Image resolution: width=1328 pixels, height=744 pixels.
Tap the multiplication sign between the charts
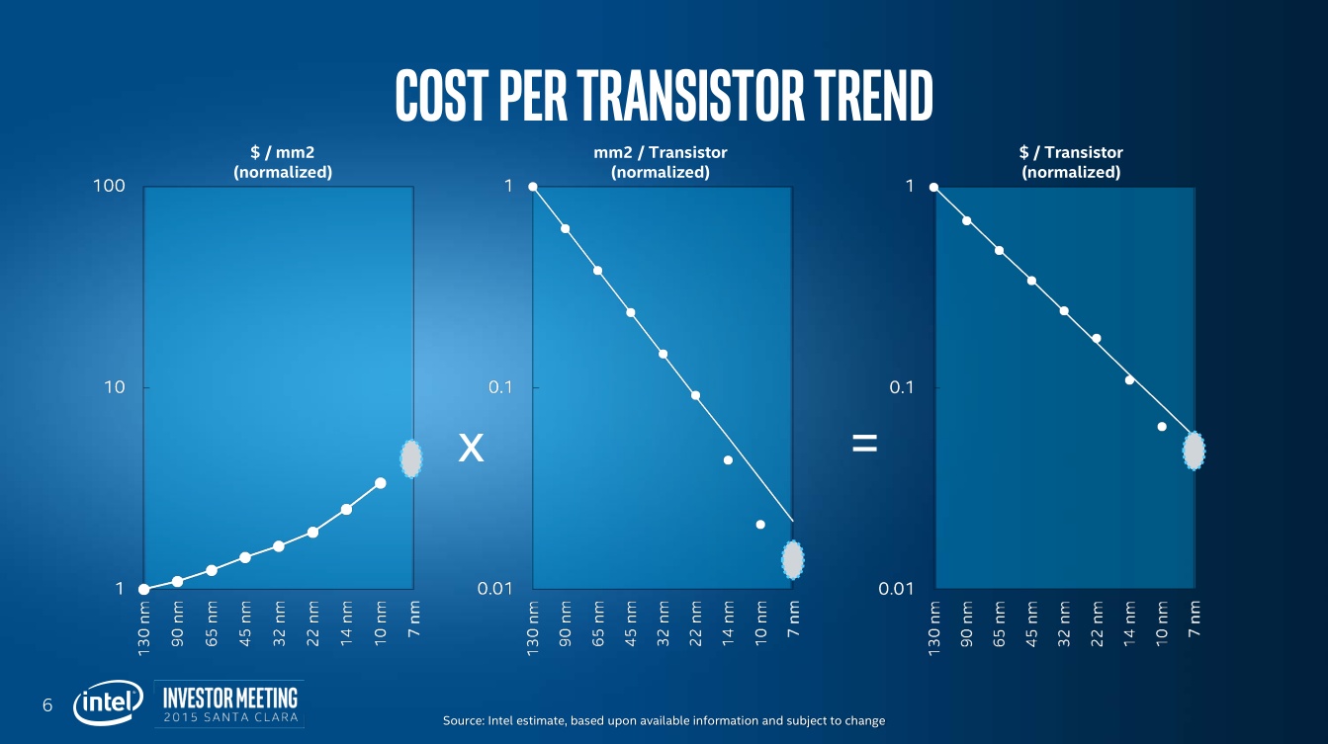click(472, 450)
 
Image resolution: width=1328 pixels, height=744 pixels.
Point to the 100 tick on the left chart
click(109, 186)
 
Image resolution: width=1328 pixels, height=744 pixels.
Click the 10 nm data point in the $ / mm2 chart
click(380, 483)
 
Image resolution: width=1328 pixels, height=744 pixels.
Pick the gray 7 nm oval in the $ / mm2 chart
click(411, 458)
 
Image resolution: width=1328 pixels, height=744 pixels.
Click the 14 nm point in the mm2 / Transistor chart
click(728, 459)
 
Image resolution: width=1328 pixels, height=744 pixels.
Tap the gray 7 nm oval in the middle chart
click(792, 560)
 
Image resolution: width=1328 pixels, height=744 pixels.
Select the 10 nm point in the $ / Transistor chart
click(1162, 427)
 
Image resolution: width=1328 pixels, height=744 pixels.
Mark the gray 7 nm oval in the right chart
click(1195, 451)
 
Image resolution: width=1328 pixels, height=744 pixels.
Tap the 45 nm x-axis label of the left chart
click(244, 622)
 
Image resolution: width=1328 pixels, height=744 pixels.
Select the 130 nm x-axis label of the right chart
click(934, 628)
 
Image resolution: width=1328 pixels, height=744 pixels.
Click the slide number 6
click(46, 704)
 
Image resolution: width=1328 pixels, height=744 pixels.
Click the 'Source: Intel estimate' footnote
click(664, 720)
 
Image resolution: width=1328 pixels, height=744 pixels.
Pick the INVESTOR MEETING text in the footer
click(229, 695)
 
